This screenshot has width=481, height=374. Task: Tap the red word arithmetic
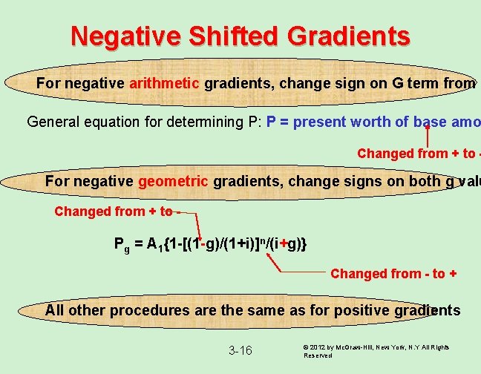(x=164, y=83)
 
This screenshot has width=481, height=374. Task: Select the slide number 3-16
(x=240, y=350)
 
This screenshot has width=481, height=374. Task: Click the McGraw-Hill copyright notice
(x=377, y=350)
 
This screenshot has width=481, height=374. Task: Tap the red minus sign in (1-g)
(x=202, y=243)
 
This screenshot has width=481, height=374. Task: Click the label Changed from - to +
(x=393, y=274)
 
